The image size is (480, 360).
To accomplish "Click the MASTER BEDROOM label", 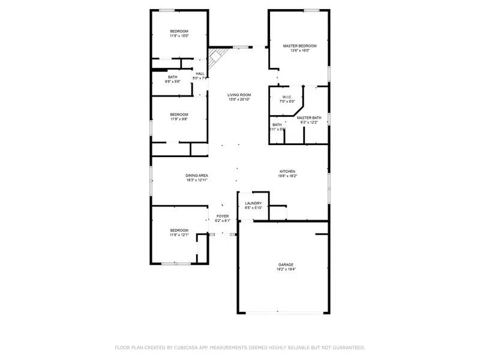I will coord(299,46).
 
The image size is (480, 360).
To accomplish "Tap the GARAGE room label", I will coord(286,265).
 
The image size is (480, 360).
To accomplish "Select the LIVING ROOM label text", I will coord(239,95).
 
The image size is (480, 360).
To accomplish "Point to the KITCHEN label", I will coord(287,171).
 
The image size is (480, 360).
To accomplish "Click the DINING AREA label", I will coord(197,175).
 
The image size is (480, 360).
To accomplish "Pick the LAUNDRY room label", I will coord(253,203).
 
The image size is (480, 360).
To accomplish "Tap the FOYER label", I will coord(223,216).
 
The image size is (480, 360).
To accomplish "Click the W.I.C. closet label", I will coord(287,97).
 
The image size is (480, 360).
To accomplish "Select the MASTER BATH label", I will coord(309,118).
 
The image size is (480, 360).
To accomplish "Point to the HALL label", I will coord(200,74).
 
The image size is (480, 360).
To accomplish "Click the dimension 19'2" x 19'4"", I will coord(286,269).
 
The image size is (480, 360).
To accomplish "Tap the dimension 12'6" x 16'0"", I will coord(299,50).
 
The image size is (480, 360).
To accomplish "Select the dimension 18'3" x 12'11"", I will coord(197,180).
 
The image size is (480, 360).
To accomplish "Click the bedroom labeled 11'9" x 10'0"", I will coord(179,34).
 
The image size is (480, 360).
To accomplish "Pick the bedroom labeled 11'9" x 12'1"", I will coord(179,233).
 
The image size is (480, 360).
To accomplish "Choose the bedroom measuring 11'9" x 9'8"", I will coord(179,116).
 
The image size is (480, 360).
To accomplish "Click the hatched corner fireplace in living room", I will coord(216,58).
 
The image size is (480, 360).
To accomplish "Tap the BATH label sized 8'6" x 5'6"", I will coord(173,79).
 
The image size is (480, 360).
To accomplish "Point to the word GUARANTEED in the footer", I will coord(346,347).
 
